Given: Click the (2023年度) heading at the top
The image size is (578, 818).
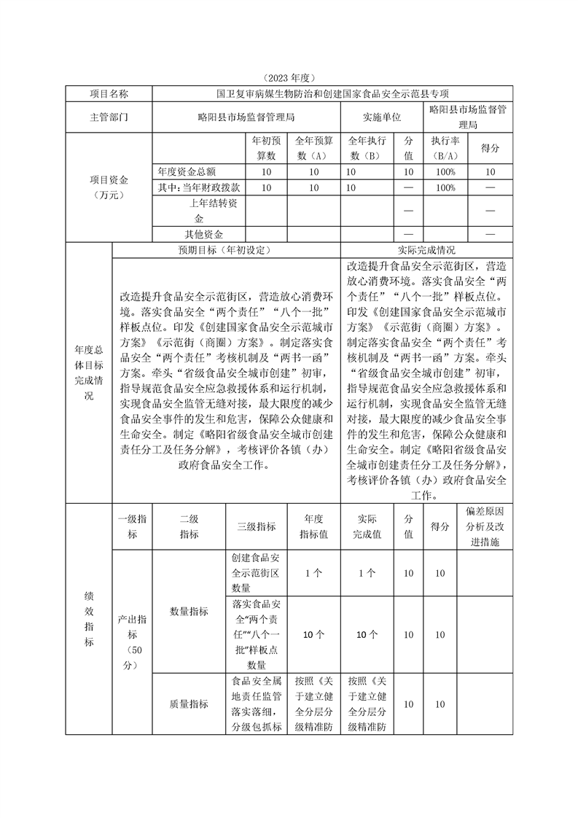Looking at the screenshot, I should (289, 77).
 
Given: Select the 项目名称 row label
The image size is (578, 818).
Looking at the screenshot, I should (109, 94).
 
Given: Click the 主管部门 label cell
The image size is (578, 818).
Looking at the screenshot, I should (109, 117).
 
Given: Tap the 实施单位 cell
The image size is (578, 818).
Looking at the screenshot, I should (382, 117).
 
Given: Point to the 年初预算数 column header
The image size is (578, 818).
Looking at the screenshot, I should (265, 148).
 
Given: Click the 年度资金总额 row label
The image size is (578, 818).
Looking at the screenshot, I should (187, 172).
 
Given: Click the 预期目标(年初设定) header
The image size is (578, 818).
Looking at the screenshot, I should (225, 249).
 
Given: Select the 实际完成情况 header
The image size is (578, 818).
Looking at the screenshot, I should (426, 249).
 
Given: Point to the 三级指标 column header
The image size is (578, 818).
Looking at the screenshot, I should (257, 526).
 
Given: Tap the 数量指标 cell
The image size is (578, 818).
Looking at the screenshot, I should (189, 611).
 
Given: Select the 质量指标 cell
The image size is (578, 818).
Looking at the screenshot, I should (189, 704).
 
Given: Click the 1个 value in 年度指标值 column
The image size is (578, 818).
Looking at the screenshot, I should (313, 574).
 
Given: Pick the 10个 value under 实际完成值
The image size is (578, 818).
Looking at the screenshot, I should (367, 635).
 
